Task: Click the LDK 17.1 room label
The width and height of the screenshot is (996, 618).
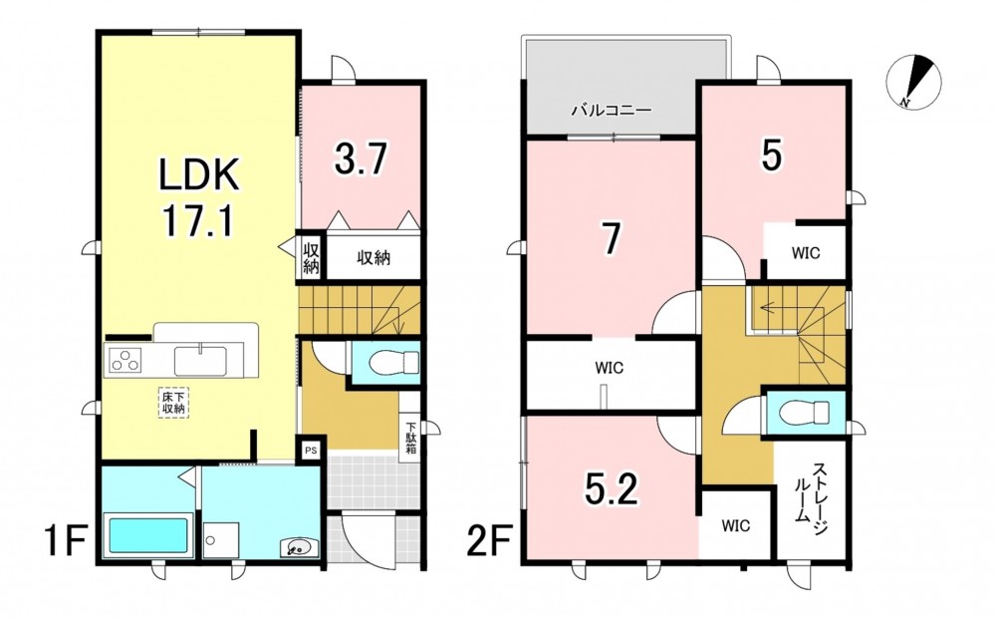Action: (x=199, y=197)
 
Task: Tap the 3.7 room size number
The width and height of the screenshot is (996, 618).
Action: (x=361, y=158)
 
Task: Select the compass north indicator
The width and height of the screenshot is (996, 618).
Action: (x=913, y=82)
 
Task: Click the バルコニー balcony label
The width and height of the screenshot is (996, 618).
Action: (x=612, y=110)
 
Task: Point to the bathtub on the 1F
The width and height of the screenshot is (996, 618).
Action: (x=149, y=536)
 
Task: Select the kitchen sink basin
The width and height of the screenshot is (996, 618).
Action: (x=200, y=361)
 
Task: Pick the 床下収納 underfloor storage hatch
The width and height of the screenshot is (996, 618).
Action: (x=172, y=403)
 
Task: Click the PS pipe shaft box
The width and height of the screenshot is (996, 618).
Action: (x=311, y=451)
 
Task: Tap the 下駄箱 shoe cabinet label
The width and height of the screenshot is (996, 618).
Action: (x=411, y=439)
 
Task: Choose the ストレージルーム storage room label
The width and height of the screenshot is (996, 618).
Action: (x=812, y=492)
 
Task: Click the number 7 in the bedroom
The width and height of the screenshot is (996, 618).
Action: (x=611, y=238)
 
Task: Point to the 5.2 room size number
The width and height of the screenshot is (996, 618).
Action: (x=611, y=488)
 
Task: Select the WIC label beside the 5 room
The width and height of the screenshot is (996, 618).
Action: (x=806, y=253)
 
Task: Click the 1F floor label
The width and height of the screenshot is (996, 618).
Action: (x=66, y=539)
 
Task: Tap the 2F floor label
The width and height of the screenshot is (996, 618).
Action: (x=490, y=539)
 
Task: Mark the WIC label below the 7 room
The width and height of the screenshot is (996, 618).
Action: (x=610, y=368)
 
